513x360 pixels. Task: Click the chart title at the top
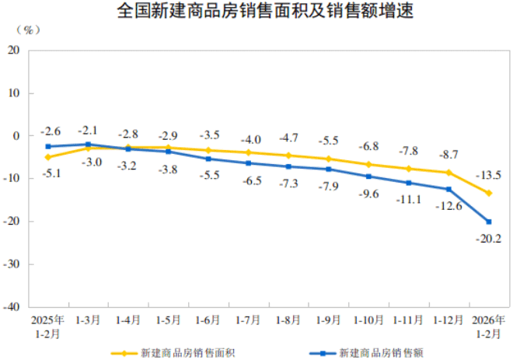(x=265, y=10)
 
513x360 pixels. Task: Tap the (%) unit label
(x=29, y=30)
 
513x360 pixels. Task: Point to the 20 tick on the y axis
(x=13, y=50)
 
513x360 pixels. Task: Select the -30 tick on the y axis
(x=12, y=264)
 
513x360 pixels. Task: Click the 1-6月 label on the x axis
(x=208, y=320)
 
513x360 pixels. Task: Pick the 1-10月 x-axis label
(x=368, y=320)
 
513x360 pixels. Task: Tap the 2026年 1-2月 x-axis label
(x=488, y=327)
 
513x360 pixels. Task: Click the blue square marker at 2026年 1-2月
(x=489, y=222)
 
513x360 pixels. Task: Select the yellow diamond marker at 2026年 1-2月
(x=489, y=194)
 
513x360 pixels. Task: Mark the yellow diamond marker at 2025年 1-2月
(x=48, y=157)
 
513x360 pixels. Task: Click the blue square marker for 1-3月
(x=89, y=145)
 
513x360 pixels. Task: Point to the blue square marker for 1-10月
(x=368, y=177)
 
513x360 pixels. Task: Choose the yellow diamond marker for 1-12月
(x=449, y=173)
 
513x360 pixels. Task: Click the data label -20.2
(x=488, y=239)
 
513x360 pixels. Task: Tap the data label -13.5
(x=488, y=176)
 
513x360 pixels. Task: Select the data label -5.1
(x=52, y=173)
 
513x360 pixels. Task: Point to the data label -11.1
(x=409, y=199)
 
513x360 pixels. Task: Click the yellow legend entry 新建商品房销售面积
(x=173, y=353)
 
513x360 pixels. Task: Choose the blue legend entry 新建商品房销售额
(x=366, y=353)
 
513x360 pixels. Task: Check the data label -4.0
(x=251, y=140)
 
